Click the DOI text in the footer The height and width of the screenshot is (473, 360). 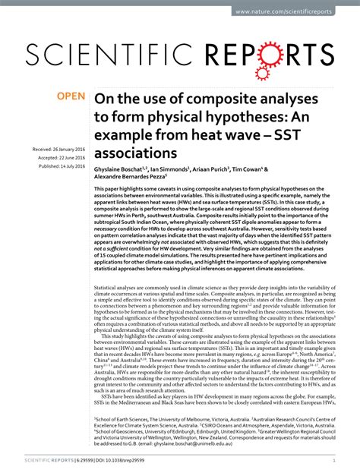point(118,460)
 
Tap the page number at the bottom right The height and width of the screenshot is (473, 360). point(334,460)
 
